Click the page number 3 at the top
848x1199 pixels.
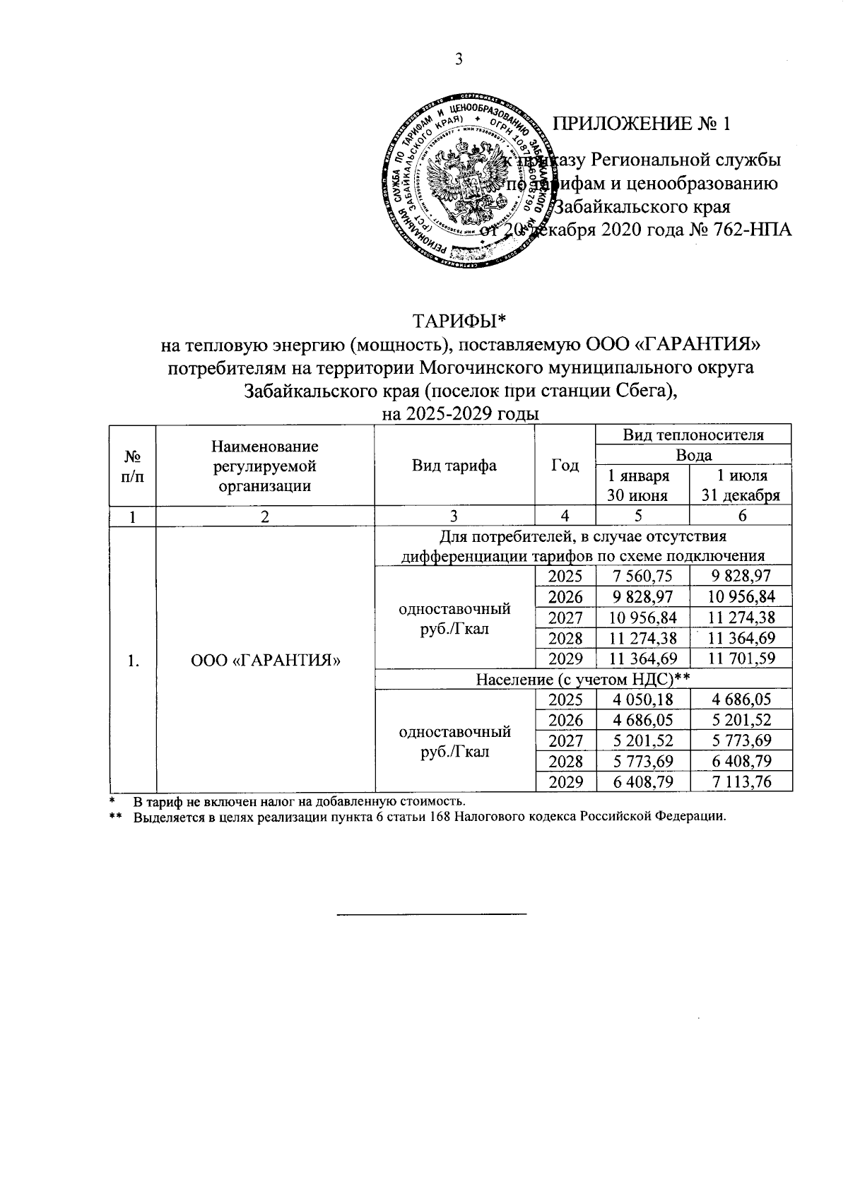459,59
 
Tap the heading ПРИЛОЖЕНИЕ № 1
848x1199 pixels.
641,124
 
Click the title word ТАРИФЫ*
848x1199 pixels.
460,321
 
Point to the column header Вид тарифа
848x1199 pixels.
454,465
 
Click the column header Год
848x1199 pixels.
565,465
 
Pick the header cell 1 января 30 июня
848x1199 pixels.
642,485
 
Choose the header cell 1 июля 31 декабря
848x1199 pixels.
740,485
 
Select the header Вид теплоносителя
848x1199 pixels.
693,435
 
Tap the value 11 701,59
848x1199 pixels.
740,659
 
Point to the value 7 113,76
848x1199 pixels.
740,781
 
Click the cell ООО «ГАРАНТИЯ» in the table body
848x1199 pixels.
266,661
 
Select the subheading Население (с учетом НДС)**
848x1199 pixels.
582,680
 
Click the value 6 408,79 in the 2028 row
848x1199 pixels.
740,761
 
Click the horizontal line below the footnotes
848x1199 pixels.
432,914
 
